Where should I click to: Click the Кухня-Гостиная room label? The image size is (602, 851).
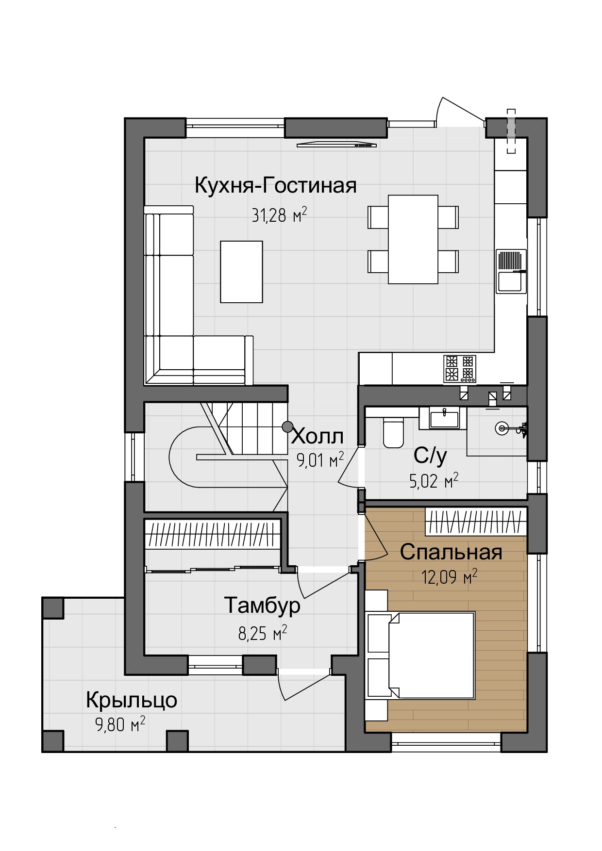point(275,186)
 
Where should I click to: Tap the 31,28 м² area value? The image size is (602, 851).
point(279,214)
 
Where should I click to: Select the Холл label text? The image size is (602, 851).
point(318,437)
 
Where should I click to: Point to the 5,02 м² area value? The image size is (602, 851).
point(434,480)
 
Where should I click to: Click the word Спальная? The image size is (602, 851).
point(451,552)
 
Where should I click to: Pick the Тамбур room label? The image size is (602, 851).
point(262,605)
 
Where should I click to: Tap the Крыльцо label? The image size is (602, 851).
point(132,700)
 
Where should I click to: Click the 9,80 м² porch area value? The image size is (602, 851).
point(120,725)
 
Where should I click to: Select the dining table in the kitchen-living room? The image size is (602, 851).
point(413,239)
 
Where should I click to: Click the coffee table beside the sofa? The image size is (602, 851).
point(242,272)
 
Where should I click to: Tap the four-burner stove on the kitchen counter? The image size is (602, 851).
point(459,368)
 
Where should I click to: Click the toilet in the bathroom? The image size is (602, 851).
point(393,432)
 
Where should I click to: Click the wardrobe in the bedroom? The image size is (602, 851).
point(476,522)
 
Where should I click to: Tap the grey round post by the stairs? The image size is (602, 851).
point(288,426)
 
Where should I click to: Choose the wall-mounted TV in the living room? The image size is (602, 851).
point(337,144)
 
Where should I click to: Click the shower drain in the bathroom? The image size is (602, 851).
point(502,428)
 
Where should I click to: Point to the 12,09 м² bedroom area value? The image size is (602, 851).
point(449,577)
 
